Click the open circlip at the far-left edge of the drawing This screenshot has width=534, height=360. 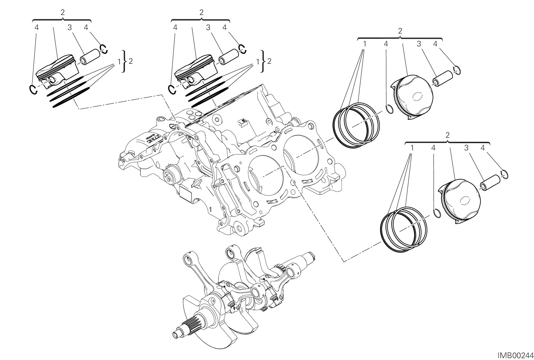[x=33, y=90]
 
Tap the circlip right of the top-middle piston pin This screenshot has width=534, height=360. [x=243, y=49]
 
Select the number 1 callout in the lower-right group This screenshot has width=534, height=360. [x=412, y=148]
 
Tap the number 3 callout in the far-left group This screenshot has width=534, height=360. [x=70, y=27]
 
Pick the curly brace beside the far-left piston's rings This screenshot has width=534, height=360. [x=124, y=61]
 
